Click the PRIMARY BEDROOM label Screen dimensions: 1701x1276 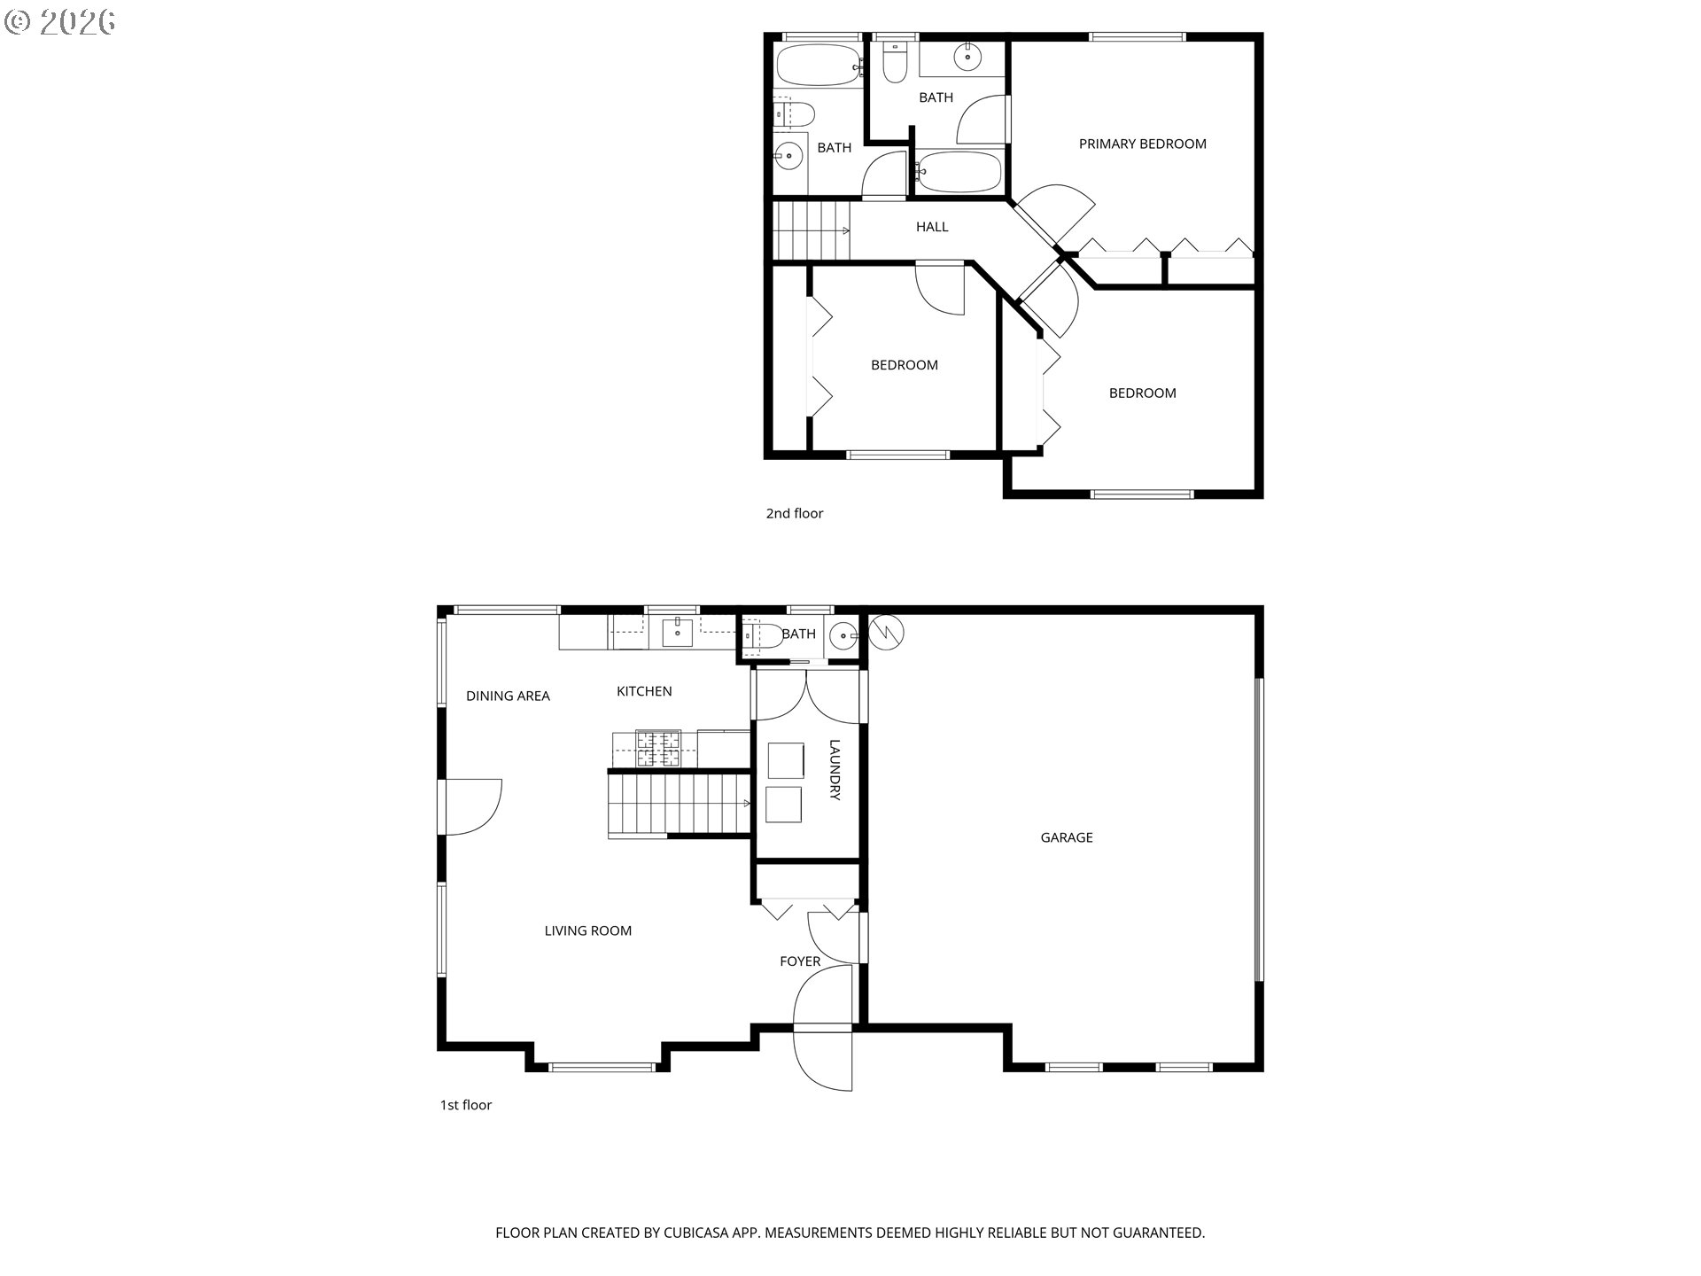[x=1142, y=144]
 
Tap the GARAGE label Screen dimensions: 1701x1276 [x=1067, y=837]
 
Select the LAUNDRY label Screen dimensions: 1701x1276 [x=835, y=770]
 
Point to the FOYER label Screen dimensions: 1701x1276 [x=800, y=961]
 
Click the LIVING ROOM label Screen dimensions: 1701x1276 [x=588, y=930]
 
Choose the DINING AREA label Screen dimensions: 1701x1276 [x=508, y=696]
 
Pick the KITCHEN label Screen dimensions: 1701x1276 [x=644, y=691]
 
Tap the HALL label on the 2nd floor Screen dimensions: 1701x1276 [x=932, y=227]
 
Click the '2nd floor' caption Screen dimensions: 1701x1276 [x=795, y=513]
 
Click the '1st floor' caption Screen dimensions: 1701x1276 [x=466, y=1105]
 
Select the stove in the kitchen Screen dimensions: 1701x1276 [x=658, y=749]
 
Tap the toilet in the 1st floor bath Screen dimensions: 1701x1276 [x=761, y=634]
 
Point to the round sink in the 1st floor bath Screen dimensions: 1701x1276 [x=843, y=635]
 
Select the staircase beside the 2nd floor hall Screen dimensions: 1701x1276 [x=812, y=230]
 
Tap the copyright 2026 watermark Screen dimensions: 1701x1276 [x=60, y=22]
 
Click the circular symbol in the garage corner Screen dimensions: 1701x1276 [x=886, y=632]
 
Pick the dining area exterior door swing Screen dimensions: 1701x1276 [x=473, y=807]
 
